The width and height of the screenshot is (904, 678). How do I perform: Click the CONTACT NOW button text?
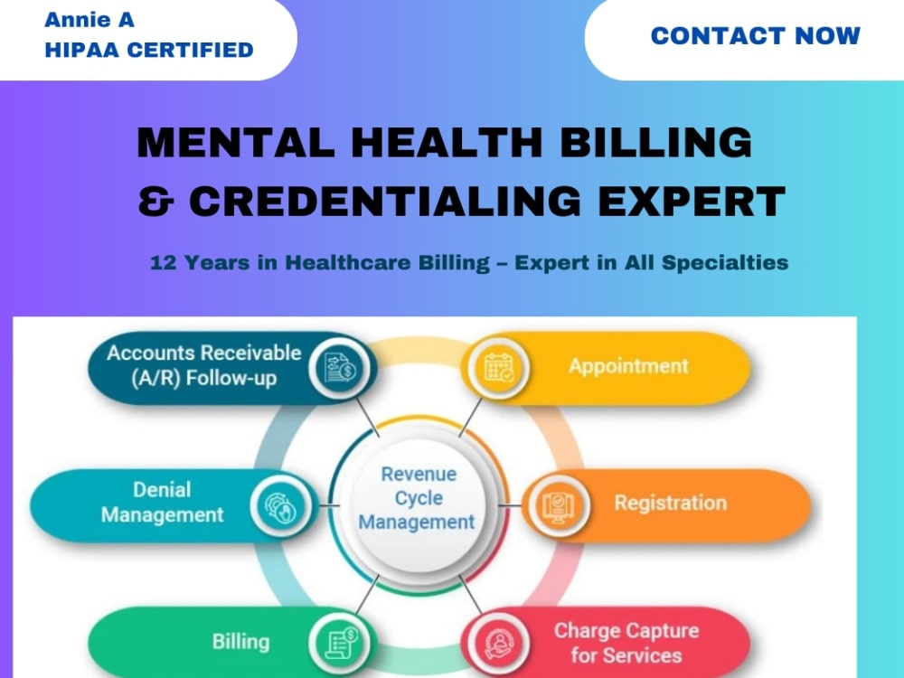point(755,36)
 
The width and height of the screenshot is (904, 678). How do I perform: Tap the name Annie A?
point(89,20)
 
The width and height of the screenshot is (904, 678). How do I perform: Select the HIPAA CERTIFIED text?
point(149,50)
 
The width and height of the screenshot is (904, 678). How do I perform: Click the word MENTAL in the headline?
point(236,142)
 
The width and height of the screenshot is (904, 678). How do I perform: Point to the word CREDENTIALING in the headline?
point(385,202)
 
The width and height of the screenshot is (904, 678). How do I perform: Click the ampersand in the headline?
point(155,202)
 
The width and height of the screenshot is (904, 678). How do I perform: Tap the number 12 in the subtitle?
point(163,263)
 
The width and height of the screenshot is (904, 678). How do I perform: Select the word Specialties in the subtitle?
point(725,263)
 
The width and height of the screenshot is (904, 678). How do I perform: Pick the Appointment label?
point(628,366)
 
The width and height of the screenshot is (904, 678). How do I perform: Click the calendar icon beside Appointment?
point(499,368)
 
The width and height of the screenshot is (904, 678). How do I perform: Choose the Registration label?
point(670,503)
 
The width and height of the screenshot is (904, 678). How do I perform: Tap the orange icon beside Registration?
point(558,505)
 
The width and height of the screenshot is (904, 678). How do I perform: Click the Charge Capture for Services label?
point(626,643)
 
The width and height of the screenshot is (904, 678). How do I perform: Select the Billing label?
point(241,642)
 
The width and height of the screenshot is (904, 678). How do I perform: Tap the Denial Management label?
point(162,502)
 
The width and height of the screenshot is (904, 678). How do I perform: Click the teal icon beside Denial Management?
point(281,505)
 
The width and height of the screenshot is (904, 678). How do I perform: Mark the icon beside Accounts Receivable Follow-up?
point(340,368)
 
